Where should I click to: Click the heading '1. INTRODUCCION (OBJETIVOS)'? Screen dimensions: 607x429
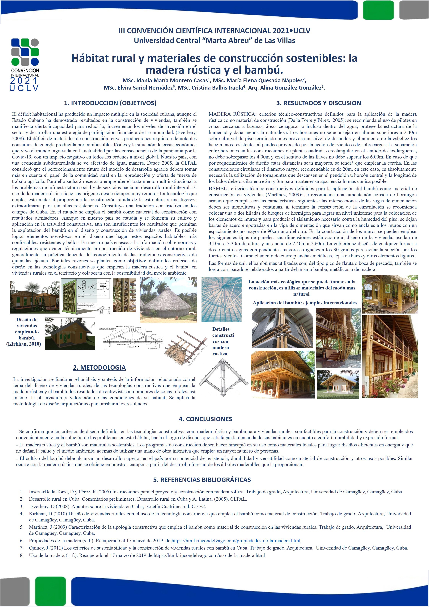pos(110,103)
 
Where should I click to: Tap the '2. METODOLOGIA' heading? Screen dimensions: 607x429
pos(99,368)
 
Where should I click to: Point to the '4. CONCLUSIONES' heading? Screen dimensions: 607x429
pos(205,419)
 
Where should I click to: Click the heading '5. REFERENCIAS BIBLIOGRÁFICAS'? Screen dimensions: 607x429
pos(202,480)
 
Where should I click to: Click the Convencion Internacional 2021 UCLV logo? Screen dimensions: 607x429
pos(25,65)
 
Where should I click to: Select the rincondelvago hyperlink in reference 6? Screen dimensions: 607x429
pos(236,541)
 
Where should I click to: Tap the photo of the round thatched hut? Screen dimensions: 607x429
pos(168,300)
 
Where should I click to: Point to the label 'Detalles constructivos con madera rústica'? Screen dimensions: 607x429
pos(223,341)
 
